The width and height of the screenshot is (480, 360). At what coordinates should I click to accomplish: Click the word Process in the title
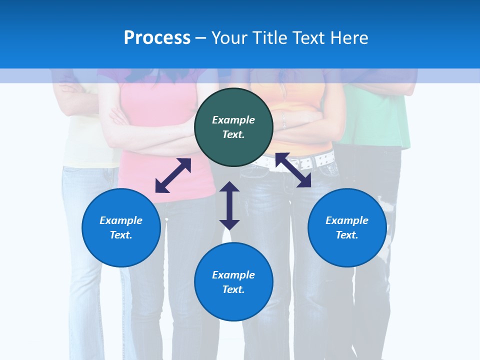click(x=157, y=38)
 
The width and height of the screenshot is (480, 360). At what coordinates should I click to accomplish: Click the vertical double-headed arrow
click(x=229, y=205)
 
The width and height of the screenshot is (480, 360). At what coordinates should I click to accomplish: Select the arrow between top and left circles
click(x=173, y=175)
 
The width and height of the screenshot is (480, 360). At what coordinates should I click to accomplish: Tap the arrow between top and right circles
click(x=293, y=170)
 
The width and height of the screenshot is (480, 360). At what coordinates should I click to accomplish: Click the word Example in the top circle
click(x=233, y=120)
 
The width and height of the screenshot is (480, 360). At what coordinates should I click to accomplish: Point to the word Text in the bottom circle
click(x=233, y=289)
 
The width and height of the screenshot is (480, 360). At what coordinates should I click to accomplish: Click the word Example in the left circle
click(x=121, y=220)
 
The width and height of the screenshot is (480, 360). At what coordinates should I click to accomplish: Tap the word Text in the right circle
click(x=347, y=235)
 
